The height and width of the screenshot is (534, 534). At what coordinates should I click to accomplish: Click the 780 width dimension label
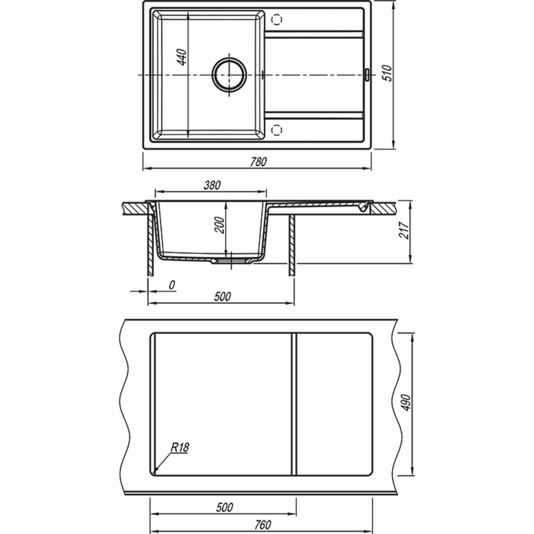[x=259, y=162]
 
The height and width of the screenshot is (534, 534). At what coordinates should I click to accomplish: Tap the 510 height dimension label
[x=388, y=73]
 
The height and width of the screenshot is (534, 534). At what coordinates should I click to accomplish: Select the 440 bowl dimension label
[x=182, y=57]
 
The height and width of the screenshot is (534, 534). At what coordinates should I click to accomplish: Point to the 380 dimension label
[x=212, y=185]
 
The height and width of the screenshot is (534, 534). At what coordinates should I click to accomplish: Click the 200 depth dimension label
[x=220, y=225]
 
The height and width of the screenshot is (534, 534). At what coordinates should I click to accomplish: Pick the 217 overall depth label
[x=404, y=230]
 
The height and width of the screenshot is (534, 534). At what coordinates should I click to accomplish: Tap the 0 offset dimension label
[x=172, y=285]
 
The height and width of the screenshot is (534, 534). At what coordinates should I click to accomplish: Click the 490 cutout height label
[x=407, y=403]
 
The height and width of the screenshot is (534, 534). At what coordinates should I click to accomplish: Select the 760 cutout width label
[x=262, y=525]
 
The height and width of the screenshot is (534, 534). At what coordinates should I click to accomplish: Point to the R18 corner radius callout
[x=179, y=447]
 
